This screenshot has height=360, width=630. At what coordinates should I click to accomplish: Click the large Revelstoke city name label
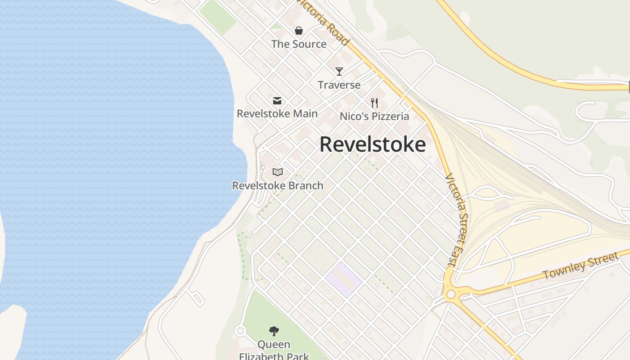tap(372, 144)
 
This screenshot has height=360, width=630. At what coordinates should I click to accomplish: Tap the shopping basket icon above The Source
tap(299, 31)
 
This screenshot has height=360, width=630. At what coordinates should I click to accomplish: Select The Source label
tap(299, 44)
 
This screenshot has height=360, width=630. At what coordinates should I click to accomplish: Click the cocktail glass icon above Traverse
tap(339, 71)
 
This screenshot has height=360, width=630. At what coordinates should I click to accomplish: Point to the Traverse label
tap(339, 85)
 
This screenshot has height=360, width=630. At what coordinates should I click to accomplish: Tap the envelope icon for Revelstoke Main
tap(277, 101)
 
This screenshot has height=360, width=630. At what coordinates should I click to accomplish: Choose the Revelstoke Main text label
tap(277, 113)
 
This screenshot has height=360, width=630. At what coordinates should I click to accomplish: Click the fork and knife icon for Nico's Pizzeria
tap(374, 103)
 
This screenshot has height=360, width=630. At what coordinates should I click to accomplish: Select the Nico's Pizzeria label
tap(374, 116)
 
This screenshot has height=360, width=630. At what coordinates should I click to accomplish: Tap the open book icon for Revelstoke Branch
tap(278, 172)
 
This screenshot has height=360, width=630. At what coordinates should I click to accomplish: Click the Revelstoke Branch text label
tap(278, 185)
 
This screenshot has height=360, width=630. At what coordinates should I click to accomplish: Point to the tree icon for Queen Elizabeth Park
tap(274, 332)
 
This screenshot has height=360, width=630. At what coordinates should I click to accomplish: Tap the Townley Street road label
tap(580, 266)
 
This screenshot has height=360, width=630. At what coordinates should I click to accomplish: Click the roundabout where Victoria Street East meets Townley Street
tap(450, 295)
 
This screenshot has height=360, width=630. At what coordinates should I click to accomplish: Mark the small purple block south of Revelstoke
tap(343, 280)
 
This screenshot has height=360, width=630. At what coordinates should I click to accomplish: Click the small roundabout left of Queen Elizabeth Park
tap(240, 331)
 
